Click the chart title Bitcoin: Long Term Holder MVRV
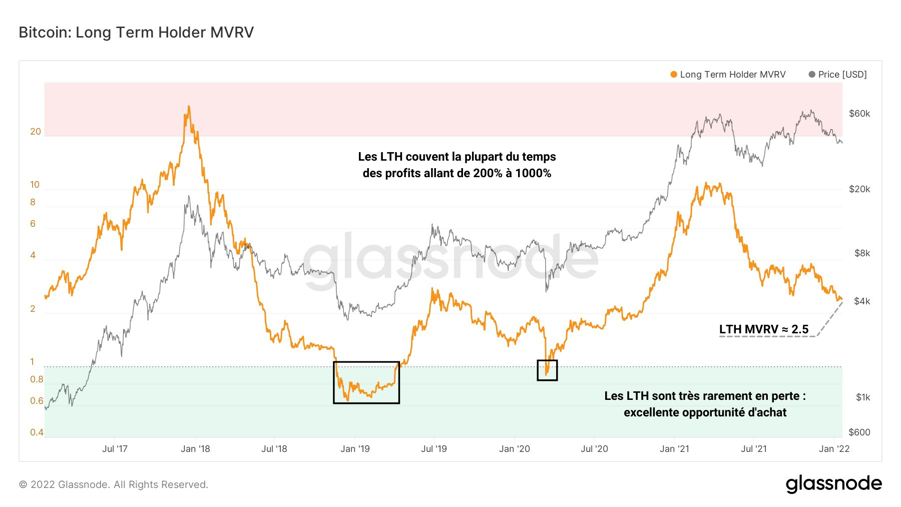pos(136,33)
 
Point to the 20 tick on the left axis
pos(36,132)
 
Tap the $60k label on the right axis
pos(859,114)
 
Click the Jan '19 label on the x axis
pos(355,449)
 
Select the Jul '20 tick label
pos(594,449)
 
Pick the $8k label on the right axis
pos(862,253)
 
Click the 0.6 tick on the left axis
pos(37,401)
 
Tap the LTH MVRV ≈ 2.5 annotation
pos(763,329)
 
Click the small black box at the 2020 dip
pos(547,370)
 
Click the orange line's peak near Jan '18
pos(189,107)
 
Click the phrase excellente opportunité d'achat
pos(705,412)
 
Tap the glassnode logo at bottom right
pos(833,484)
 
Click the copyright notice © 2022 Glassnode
pos(114,484)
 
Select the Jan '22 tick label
pos(834,449)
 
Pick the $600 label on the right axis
pos(859,432)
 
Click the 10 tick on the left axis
pos(35,185)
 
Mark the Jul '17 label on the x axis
pos(115,449)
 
